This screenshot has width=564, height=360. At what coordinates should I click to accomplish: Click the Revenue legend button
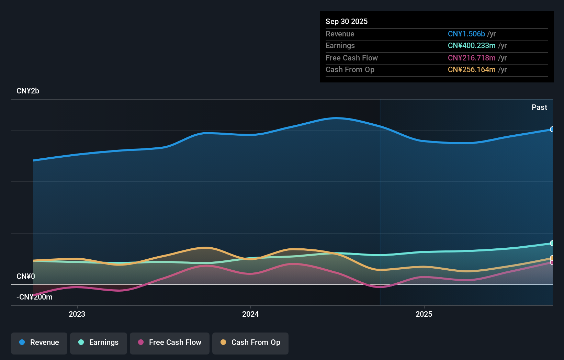[x=39, y=342]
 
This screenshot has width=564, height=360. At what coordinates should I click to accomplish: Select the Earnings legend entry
[x=99, y=342]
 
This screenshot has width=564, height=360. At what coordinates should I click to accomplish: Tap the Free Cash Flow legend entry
[x=170, y=342]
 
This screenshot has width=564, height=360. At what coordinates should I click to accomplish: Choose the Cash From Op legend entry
[x=250, y=342]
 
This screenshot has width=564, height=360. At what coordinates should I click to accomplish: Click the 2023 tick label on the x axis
[x=77, y=314]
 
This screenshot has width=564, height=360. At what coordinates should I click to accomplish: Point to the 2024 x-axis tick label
[x=250, y=314]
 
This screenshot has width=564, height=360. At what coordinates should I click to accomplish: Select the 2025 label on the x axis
[x=424, y=314]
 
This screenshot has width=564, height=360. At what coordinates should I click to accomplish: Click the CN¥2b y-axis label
[x=28, y=91]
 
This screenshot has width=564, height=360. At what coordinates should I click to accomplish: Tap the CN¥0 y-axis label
[x=26, y=277]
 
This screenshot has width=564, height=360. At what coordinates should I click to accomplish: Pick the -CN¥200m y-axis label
[x=34, y=297]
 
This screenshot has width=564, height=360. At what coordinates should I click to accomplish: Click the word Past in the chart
[x=539, y=108]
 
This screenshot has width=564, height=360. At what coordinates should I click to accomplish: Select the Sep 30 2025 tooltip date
[x=347, y=22]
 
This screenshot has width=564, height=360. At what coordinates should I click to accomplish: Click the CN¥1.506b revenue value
[x=466, y=34]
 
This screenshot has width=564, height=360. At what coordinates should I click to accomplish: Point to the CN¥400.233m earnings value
[x=471, y=46]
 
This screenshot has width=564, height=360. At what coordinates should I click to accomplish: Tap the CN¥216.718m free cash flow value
[x=471, y=58]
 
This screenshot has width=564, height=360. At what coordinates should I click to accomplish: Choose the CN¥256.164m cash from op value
[x=471, y=70]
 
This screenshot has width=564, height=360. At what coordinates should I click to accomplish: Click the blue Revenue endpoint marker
[x=552, y=130]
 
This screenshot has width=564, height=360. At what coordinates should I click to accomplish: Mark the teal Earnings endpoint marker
[x=552, y=243]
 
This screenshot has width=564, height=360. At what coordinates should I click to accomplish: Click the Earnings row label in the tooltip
[x=340, y=46]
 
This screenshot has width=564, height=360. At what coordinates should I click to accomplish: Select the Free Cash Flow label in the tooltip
[x=351, y=58]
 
